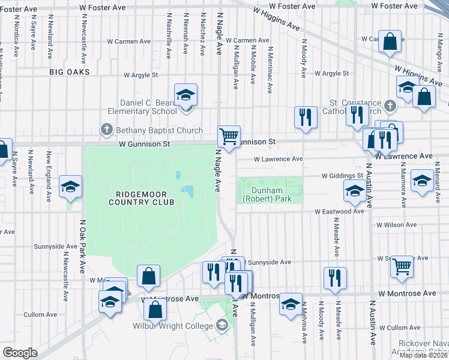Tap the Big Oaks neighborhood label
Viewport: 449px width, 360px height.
pos(70,72)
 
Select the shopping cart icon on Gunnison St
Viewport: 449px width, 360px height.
pos(229,136)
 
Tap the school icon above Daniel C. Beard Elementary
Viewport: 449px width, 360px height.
pos(186,94)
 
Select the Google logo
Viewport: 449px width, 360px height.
pos(20,353)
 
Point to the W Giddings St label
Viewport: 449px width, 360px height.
pos(343,176)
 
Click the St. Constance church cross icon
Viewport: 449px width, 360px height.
pos(390,106)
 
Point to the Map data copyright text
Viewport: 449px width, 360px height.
pos(424,355)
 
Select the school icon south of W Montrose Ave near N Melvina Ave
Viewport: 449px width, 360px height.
pos(291,304)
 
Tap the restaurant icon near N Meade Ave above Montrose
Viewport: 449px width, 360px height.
pos(334,277)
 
